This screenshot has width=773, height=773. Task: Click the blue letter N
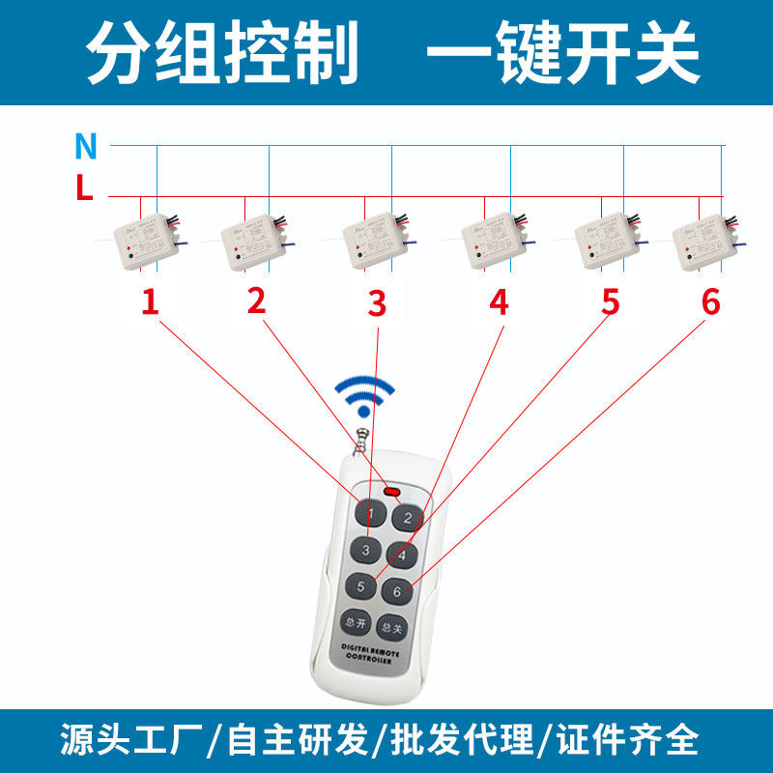click(x=86, y=146)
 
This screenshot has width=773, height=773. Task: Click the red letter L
click(x=85, y=189)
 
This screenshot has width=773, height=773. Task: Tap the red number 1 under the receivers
click(x=150, y=302)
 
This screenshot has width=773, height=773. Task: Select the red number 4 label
click(x=498, y=302)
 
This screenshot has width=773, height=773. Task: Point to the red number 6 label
click(x=711, y=302)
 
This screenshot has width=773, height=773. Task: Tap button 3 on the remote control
click(x=366, y=551)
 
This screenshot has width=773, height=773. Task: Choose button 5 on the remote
click(x=359, y=586)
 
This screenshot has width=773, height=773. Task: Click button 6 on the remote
click(x=396, y=591)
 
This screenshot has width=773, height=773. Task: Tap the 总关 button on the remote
click(x=390, y=627)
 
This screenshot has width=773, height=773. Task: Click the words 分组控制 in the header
click(x=222, y=52)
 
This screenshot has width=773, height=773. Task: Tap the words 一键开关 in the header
click(x=562, y=52)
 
